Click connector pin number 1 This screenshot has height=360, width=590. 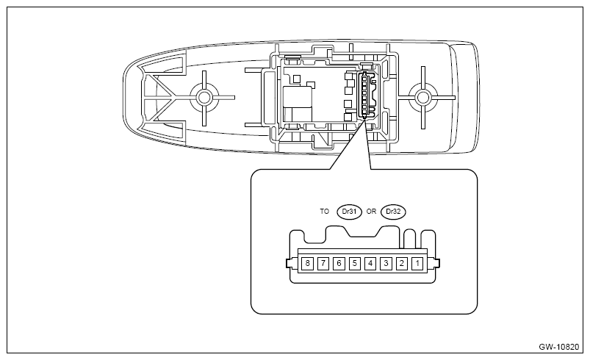pyautogui.click(x=417, y=262)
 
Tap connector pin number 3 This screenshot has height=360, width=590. pyautogui.click(x=386, y=262)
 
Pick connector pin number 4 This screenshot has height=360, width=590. pyautogui.click(x=370, y=262)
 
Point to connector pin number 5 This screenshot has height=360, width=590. pyautogui.click(x=355, y=262)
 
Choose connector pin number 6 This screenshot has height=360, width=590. pyautogui.click(x=339, y=262)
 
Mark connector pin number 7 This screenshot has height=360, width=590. pyautogui.click(x=323, y=262)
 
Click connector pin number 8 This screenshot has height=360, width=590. pyautogui.click(x=308, y=262)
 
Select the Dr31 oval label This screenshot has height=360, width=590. pyautogui.click(x=349, y=211)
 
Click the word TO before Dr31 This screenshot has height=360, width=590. pyautogui.click(x=325, y=211)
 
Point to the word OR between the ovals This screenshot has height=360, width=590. pyautogui.click(x=372, y=211)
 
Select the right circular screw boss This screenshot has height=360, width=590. pyautogui.click(x=422, y=96)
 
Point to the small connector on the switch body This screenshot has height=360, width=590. pyautogui.click(x=365, y=96)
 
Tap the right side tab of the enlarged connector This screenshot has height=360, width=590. pyautogui.click(x=437, y=263)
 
